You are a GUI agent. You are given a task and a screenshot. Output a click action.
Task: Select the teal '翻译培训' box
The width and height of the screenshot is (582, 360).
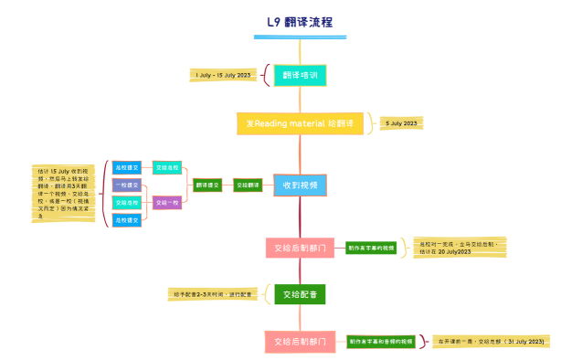(x=300, y=75)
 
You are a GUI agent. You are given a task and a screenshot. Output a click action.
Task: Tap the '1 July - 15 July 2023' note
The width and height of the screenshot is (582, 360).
(x=223, y=75)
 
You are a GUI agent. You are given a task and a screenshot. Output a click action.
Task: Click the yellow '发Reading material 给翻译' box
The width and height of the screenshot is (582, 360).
(x=300, y=123)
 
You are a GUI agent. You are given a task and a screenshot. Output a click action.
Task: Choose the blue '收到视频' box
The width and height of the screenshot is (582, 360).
(x=300, y=185)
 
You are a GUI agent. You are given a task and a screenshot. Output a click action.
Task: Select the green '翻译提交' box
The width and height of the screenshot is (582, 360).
(x=207, y=185)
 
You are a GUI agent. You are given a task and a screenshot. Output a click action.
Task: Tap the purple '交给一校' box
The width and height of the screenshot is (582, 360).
(x=167, y=202)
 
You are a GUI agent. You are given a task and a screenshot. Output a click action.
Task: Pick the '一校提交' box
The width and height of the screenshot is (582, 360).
(x=127, y=185)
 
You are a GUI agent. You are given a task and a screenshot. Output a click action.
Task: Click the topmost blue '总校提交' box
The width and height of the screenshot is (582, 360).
(x=127, y=167)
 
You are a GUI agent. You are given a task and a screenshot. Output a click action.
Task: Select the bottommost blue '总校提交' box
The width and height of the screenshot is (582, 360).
(x=127, y=219)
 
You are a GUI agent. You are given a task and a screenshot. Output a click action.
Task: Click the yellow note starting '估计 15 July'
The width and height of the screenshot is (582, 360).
(x=63, y=192)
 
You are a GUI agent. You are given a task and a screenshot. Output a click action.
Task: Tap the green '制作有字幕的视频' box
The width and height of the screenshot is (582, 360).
(x=371, y=247)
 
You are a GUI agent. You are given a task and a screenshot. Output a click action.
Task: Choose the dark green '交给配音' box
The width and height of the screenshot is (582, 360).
(x=300, y=294)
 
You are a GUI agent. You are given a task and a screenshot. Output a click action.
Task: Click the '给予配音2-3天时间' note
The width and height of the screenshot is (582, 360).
(x=214, y=294)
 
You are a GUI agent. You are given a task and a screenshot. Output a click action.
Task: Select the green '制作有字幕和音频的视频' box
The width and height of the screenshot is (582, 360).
(x=380, y=341)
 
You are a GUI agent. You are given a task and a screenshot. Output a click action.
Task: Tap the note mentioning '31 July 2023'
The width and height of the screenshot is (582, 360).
(x=492, y=341)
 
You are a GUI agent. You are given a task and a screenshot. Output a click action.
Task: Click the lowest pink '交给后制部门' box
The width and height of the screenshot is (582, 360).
(x=300, y=342)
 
